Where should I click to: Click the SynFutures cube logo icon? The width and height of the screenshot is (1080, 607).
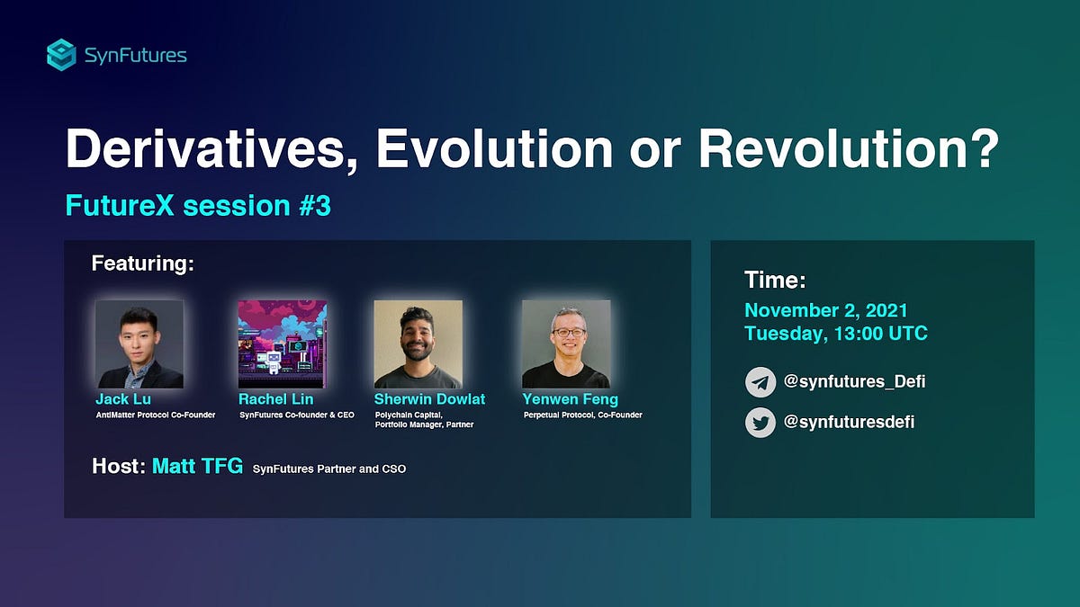coord(62,55)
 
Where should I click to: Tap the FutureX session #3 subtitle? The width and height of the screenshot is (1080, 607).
coord(198,206)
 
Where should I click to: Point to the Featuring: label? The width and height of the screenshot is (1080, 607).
coord(143,264)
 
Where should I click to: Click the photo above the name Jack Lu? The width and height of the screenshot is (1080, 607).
coord(139,344)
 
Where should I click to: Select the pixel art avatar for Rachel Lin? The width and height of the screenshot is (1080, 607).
coord(283,344)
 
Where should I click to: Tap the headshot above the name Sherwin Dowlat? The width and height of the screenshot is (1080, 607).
coord(418,344)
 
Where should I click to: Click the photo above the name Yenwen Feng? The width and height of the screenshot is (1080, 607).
coord(566,344)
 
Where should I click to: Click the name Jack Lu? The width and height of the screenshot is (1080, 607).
coord(123,398)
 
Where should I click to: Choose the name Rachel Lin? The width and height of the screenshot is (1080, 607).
coord(275,398)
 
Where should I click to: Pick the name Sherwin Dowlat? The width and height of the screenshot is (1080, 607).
coord(430,398)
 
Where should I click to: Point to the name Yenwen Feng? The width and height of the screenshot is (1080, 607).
coord(570,398)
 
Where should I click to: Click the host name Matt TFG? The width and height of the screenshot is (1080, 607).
coord(197,467)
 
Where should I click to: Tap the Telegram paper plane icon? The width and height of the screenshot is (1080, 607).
coord(760,382)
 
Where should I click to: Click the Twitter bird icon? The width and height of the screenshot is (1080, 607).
coord(760,422)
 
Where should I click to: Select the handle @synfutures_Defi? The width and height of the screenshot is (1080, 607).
coord(854,382)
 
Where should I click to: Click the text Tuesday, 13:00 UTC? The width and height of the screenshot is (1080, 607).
coord(835,334)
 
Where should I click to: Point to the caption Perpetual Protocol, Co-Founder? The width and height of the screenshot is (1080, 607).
coord(582,415)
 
